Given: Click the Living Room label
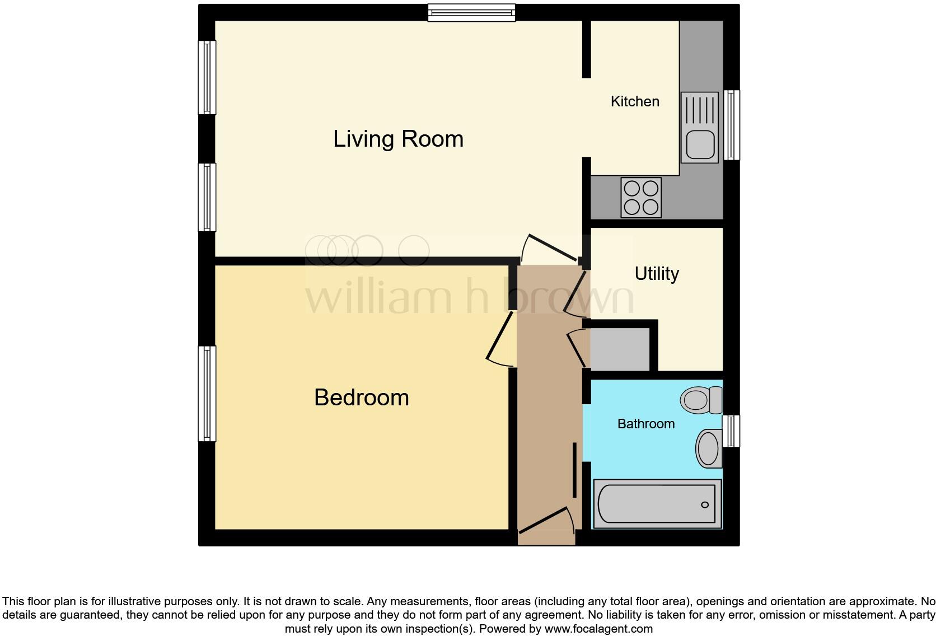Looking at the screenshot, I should [x=398, y=139].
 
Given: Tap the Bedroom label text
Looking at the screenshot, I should [x=361, y=397].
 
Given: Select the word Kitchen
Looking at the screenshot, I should [x=635, y=101].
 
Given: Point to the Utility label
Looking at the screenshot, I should [x=657, y=273].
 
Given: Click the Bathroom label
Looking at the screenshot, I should [x=645, y=424].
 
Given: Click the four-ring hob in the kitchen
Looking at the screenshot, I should [x=641, y=198].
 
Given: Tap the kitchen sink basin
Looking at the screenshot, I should [x=700, y=144].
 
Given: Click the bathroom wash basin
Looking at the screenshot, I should [x=709, y=448].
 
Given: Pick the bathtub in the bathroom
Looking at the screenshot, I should [x=657, y=504].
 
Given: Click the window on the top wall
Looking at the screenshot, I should [x=471, y=12].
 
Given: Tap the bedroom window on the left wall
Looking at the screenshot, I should [x=207, y=394].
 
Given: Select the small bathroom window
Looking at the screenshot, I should [x=731, y=431].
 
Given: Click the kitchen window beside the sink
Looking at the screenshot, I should [x=732, y=125].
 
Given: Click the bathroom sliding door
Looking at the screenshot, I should [x=575, y=469].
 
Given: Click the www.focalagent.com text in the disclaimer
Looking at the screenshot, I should [x=598, y=629].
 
